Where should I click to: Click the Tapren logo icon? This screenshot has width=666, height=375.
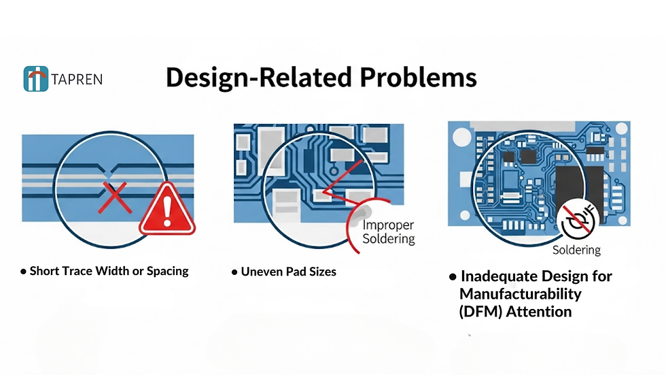(35, 79)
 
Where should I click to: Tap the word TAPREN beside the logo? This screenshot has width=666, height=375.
(77, 80)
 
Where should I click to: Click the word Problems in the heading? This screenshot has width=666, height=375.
(418, 77)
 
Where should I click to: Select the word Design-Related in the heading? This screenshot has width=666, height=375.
(259, 77)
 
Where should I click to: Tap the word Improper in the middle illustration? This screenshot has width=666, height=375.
(388, 225)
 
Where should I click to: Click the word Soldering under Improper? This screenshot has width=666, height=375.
(388, 240)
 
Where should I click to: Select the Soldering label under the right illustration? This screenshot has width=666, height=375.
(576, 250)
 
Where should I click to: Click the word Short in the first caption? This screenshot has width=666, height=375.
(45, 271)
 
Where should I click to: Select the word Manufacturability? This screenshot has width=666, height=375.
(521, 294)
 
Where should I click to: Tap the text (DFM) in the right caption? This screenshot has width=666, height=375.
(480, 312)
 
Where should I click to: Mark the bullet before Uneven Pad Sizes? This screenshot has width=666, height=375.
(235, 272)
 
